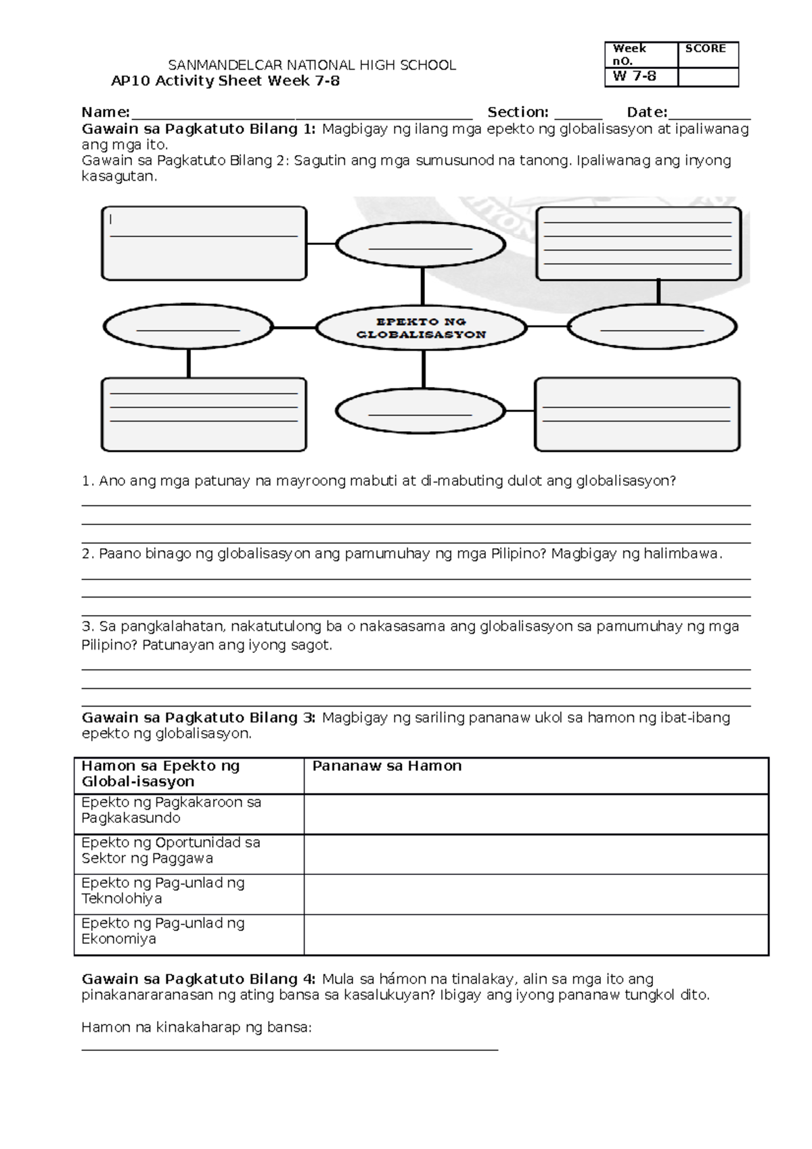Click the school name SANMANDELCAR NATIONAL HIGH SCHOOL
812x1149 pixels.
click(x=312, y=65)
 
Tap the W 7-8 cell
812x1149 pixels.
click(x=634, y=76)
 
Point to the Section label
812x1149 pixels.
click(x=518, y=112)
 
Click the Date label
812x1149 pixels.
click(x=646, y=112)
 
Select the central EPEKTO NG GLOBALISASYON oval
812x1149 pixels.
click(x=421, y=328)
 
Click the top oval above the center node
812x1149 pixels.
click(x=420, y=245)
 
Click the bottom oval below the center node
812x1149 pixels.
click(x=420, y=411)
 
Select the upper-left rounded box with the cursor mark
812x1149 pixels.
click(x=204, y=244)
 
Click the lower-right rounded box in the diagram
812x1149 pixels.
click(x=637, y=415)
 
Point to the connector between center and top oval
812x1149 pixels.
click(x=423, y=286)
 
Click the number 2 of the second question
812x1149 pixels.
click(x=86, y=554)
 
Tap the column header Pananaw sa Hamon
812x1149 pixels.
click(x=386, y=766)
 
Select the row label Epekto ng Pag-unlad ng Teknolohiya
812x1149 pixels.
click(x=162, y=891)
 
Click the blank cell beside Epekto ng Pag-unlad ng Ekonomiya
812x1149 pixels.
click(x=535, y=934)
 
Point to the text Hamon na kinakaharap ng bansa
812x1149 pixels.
click(x=196, y=1027)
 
